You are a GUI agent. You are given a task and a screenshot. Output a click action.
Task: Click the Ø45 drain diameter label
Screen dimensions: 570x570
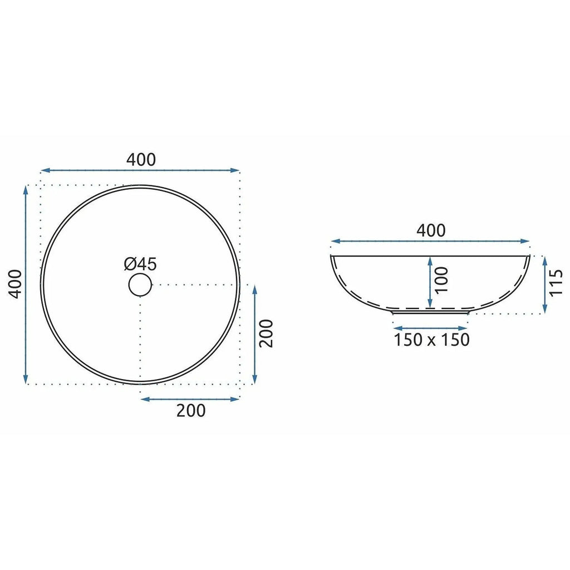(140, 264)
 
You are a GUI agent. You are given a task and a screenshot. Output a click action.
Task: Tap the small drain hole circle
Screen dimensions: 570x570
(140, 285)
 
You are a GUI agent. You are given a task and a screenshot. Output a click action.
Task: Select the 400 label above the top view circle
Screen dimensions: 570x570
(141, 160)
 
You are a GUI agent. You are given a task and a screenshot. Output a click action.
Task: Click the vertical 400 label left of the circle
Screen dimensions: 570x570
(15, 284)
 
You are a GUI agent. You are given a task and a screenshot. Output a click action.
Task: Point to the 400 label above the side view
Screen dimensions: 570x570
(431, 230)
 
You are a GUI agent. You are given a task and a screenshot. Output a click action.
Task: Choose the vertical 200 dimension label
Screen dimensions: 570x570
(267, 333)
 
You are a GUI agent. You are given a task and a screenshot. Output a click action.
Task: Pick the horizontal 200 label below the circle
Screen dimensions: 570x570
(191, 410)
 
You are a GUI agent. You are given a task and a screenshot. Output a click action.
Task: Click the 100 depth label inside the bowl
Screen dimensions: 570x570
(441, 280)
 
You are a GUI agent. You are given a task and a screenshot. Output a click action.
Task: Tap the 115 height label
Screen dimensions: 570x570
(556, 283)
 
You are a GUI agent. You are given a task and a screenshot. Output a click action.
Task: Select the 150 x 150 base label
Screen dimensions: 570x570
(432, 340)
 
